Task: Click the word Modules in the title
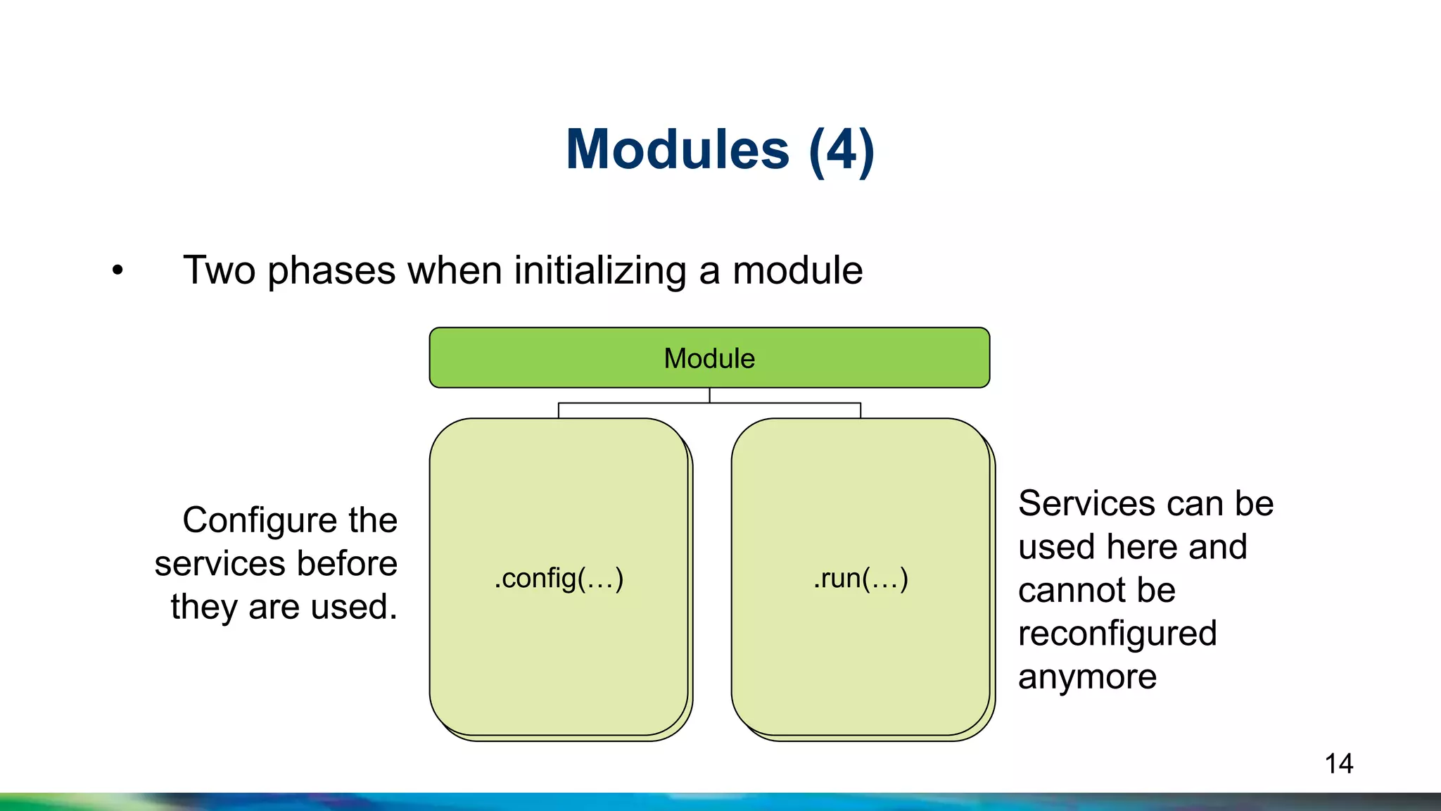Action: tap(678, 150)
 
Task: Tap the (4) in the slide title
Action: tap(842, 150)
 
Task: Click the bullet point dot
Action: tap(118, 270)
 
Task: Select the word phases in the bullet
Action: tap(331, 271)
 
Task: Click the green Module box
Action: tap(709, 358)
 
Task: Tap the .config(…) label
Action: tap(559, 578)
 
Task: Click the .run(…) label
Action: tap(861, 578)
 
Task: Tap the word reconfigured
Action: tap(1117, 634)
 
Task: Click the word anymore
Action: tap(1087, 677)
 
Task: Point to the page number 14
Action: tap(1338, 764)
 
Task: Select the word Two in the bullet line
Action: tap(219, 271)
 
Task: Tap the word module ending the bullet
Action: tap(797, 271)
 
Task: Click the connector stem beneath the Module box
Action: tap(709, 396)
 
